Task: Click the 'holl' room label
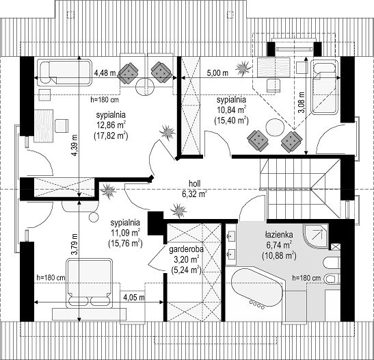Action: coord(195,183)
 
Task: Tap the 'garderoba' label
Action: coord(186,250)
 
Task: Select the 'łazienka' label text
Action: coord(279,235)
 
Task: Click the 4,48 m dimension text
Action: coord(105,73)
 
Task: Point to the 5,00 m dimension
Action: coord(217,73)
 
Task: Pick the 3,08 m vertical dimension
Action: coord(302,102)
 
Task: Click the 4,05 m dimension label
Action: coord(134,298)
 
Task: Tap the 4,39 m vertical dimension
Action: coord(75,145)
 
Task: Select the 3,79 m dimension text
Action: coord(75,244)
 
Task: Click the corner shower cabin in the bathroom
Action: coord(315,236)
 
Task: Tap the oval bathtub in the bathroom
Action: coord(257,290)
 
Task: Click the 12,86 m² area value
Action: coord(111,125)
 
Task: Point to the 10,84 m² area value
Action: coord(231,110)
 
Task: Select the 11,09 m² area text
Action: coord(125,233)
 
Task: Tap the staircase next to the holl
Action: coord(300,188)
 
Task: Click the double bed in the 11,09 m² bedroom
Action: coord(89,283)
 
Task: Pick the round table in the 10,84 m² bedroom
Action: coord(276,127)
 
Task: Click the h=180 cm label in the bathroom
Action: coord(306,278)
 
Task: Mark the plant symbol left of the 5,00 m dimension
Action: coord(243,68)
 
